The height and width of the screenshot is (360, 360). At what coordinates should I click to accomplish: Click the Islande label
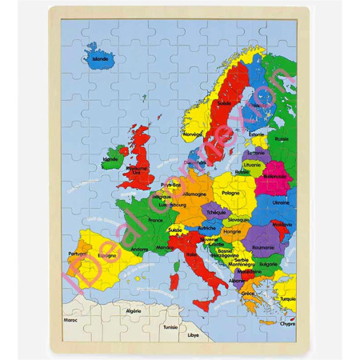pos(102,58)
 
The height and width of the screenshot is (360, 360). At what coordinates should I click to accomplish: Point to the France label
pos(155,218)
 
